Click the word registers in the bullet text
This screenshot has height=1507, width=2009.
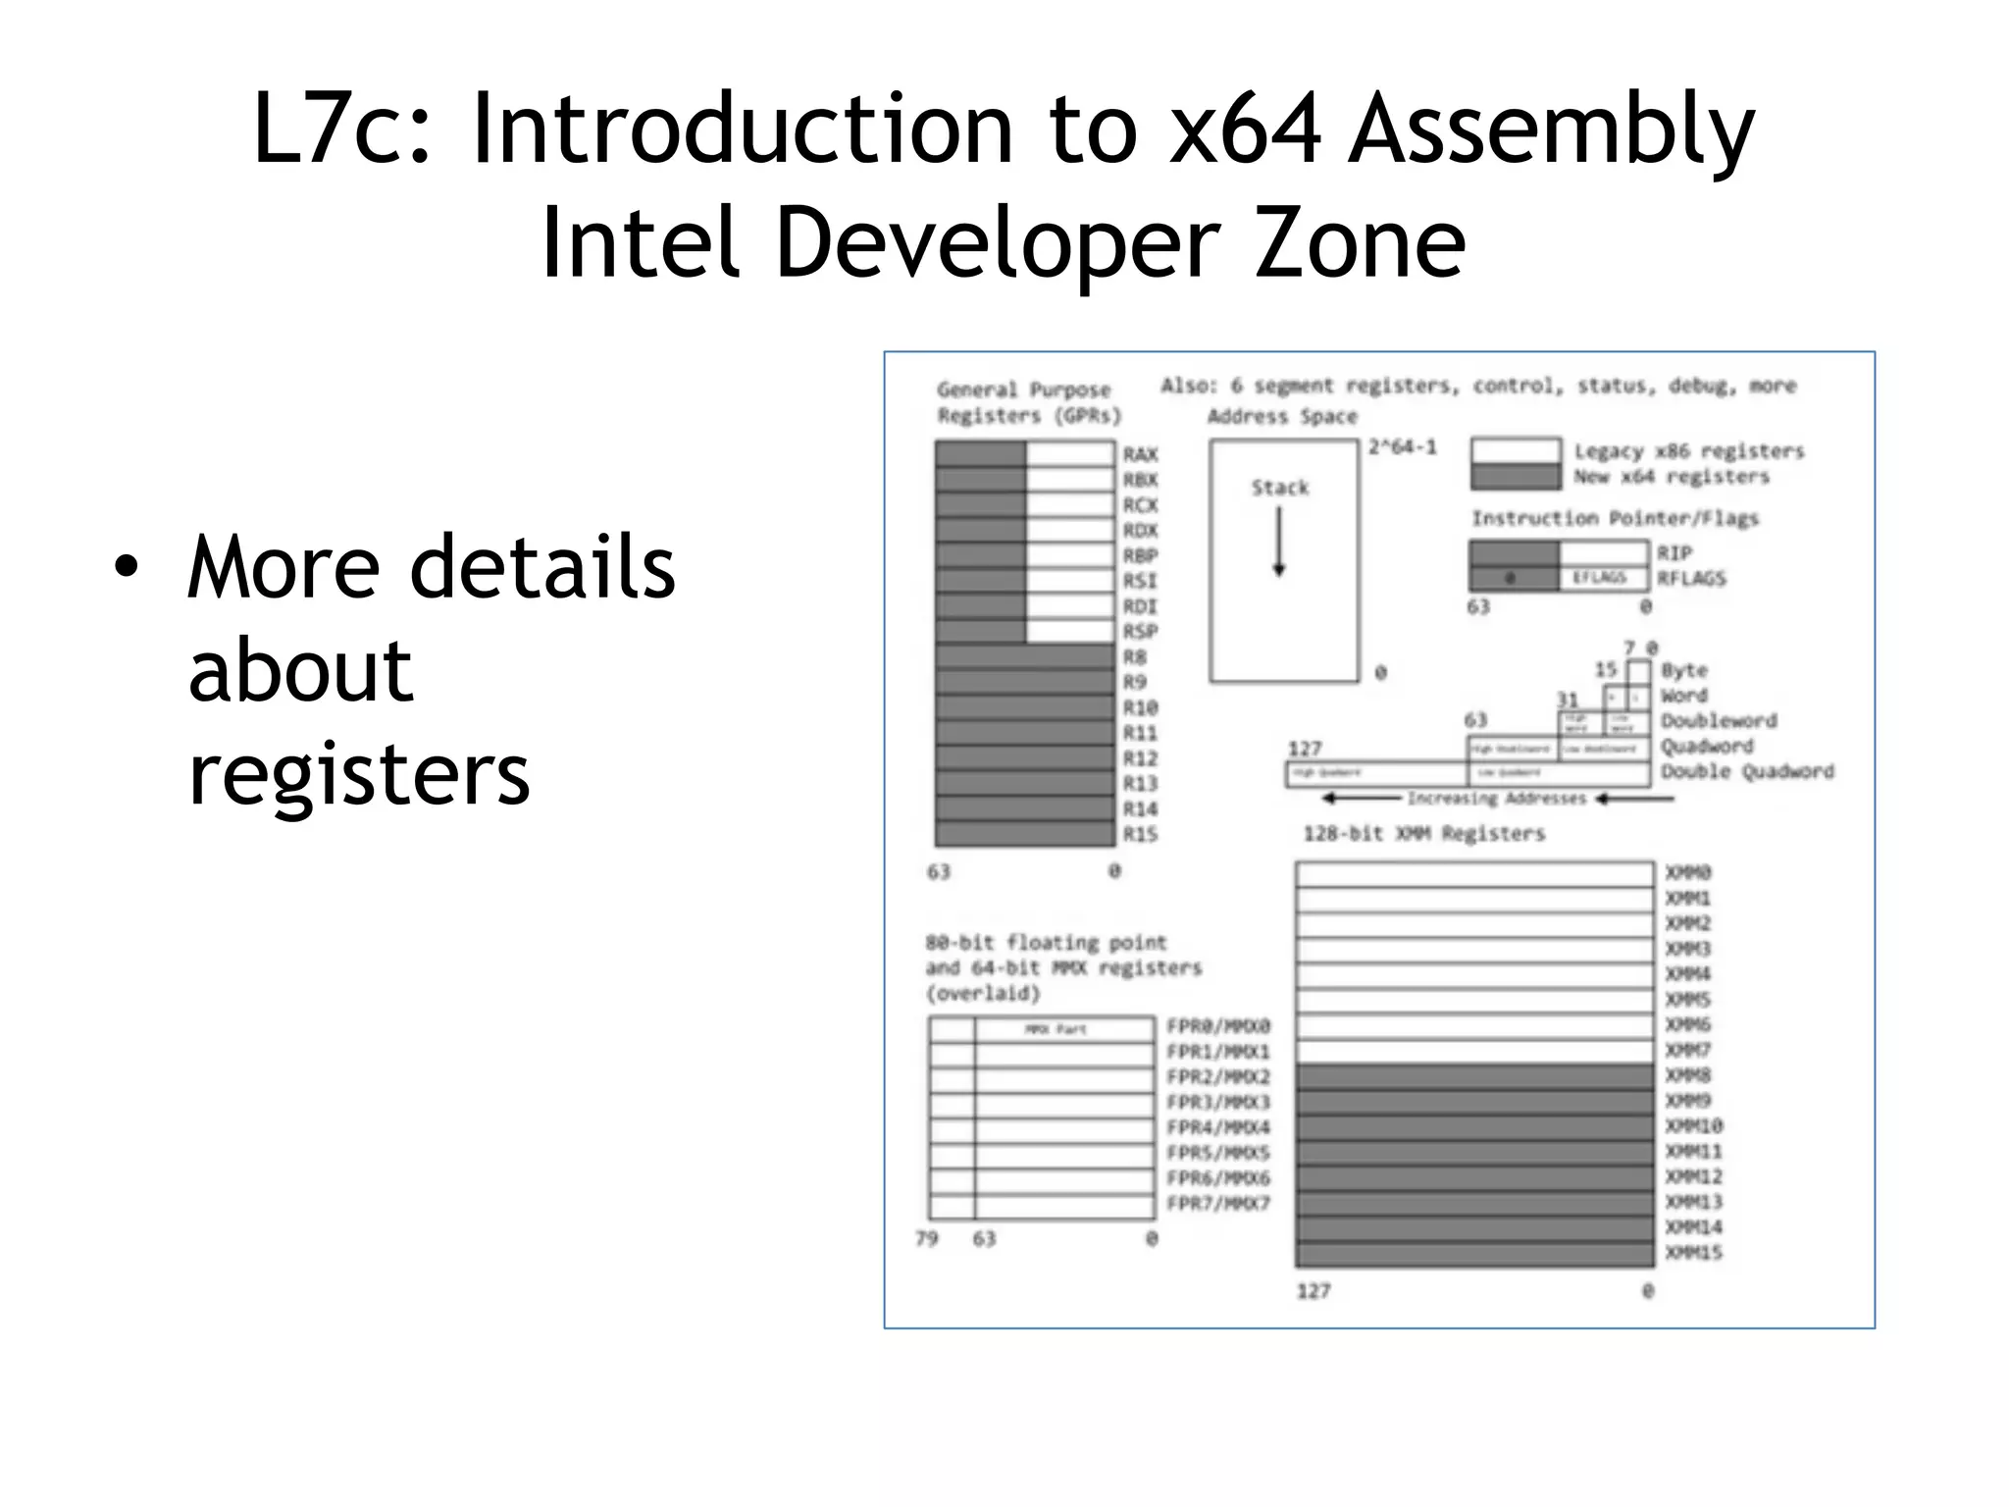click(x=359, y=774)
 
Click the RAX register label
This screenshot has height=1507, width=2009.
click(x=1140, y=454)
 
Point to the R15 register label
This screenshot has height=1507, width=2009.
click(x=1140, y=834)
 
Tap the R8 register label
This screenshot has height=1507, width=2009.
click(x=1134, y=656)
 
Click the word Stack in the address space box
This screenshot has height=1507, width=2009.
click(x=1280, y=488)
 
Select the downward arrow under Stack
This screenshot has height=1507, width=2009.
click(x=1279, y=543)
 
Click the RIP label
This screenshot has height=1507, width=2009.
click(x=1674, y=553)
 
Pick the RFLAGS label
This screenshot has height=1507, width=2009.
click(x=1691, y=579)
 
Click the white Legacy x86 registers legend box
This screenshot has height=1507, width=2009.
click(x=1516, y=450)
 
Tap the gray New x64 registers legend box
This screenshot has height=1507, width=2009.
click(x=1516, y=477)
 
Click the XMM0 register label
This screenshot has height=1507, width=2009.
click(x=1688, y=872)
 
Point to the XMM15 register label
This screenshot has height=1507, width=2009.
click(x=1693, y=1253)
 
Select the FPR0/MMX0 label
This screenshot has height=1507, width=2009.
click(x=1218, y=1026)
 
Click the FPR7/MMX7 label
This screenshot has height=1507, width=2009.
click(x=1218, y=1204)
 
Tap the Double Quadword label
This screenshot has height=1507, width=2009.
click(x=1747, y=772)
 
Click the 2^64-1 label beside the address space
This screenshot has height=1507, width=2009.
click(x=1403, y=447)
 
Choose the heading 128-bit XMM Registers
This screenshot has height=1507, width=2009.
click(x=1423, y=834)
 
